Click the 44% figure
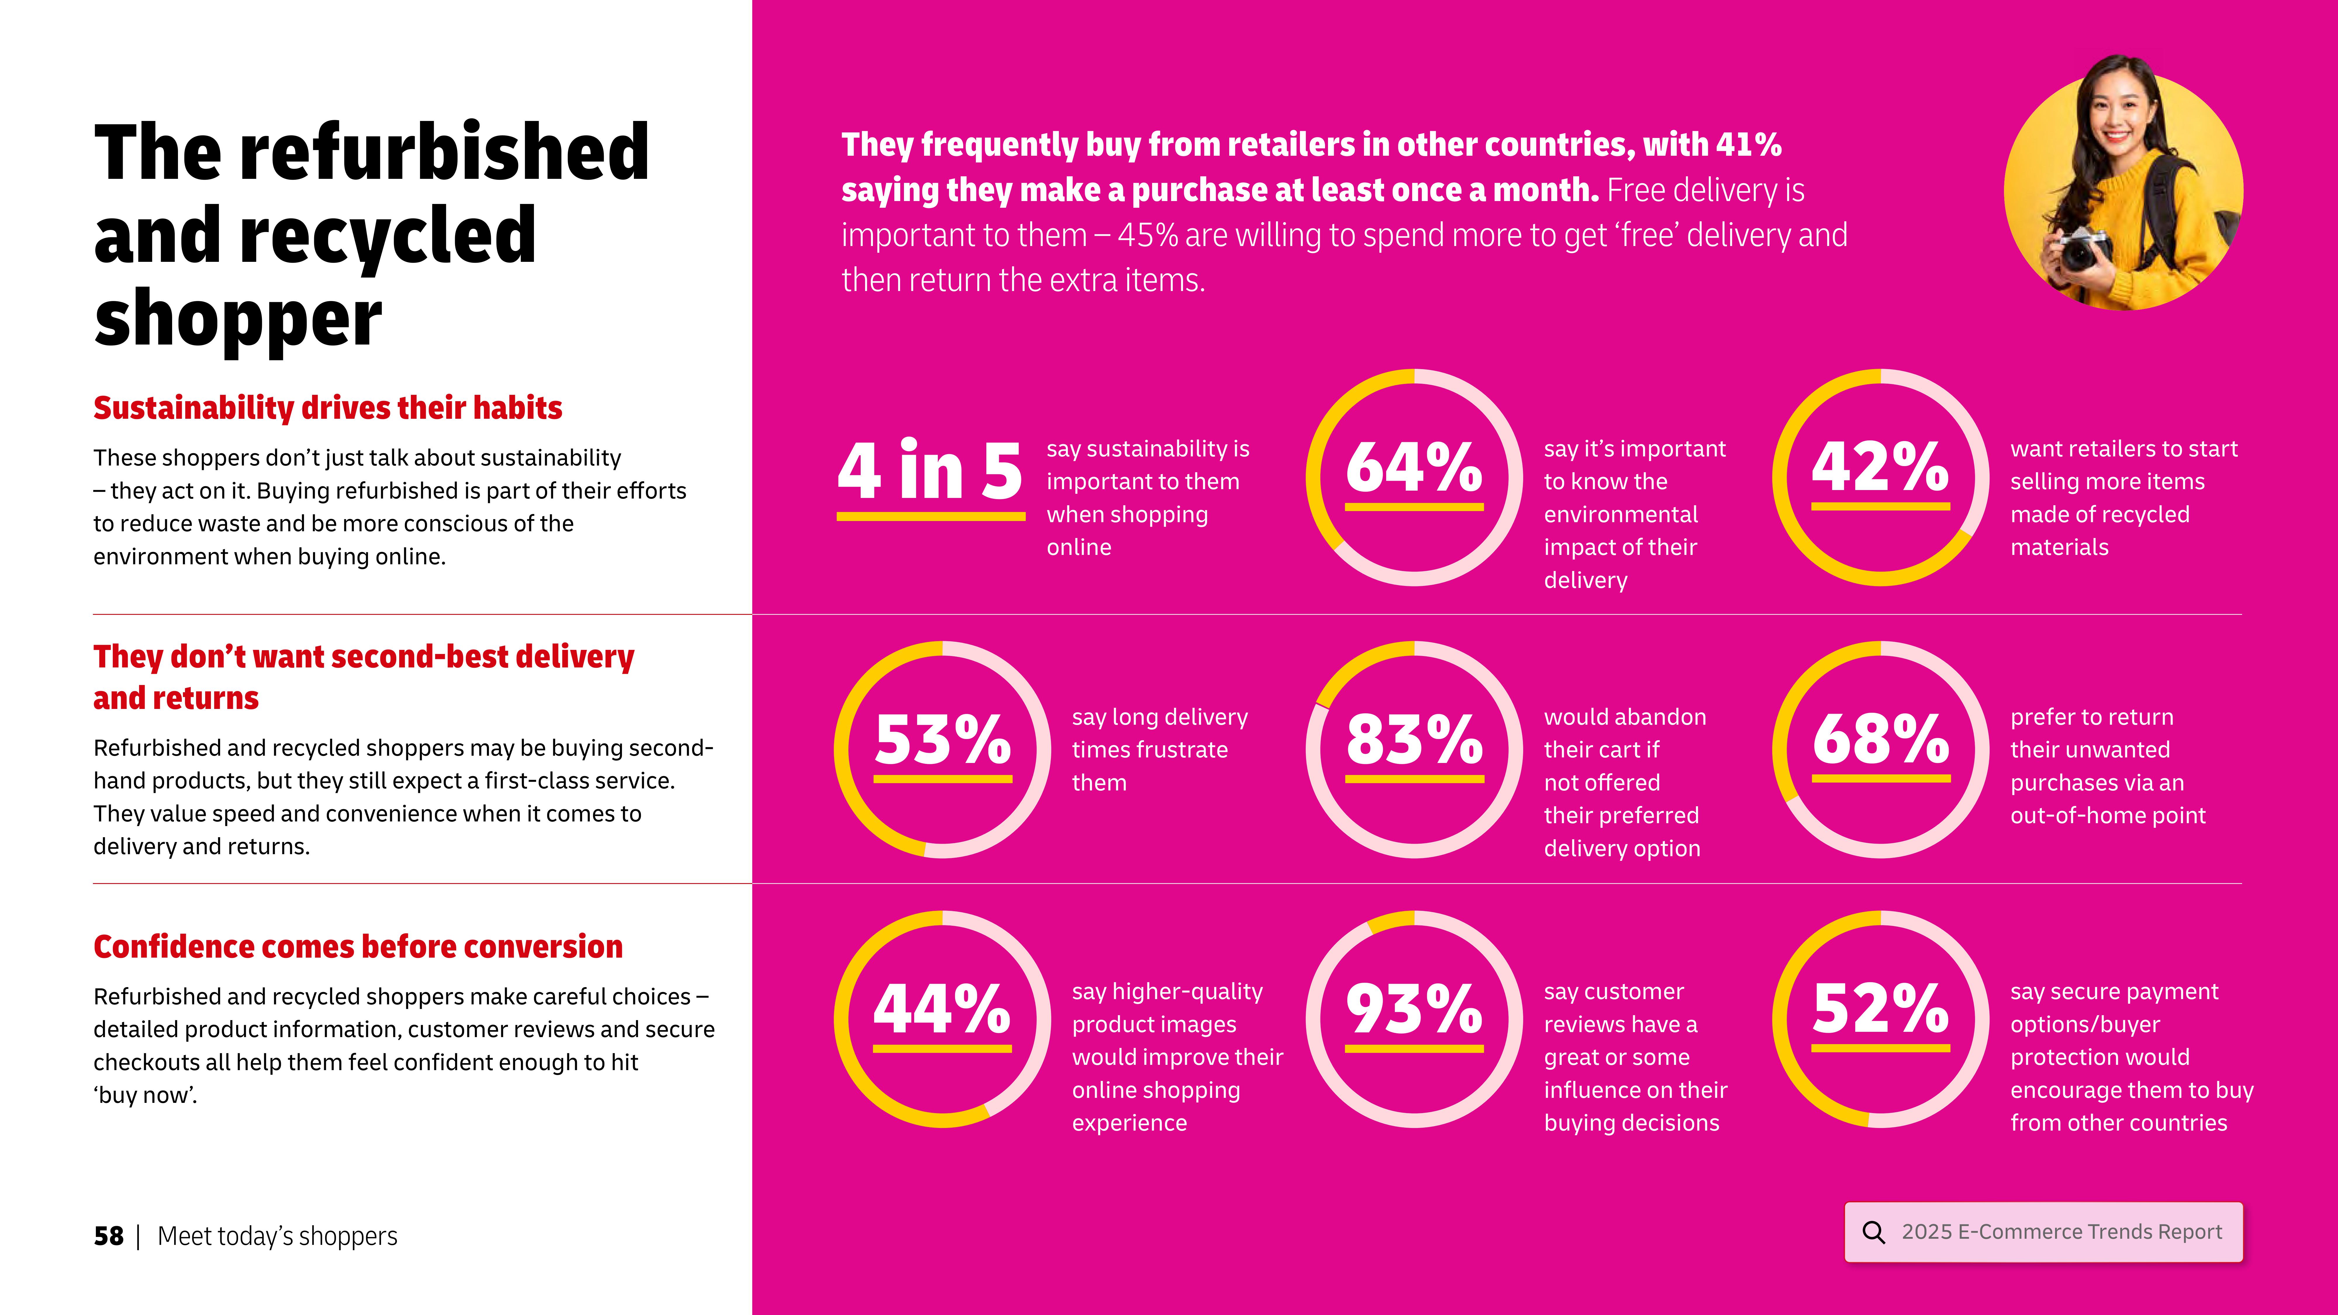click(x=942, y=1009)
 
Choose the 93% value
click(x=1414, y=1009)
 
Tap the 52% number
click(x=1881, y=1009)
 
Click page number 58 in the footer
click(x=108, y=1236)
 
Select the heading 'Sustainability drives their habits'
click(x=328, y=409)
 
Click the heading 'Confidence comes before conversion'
click(x=358, y=947)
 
